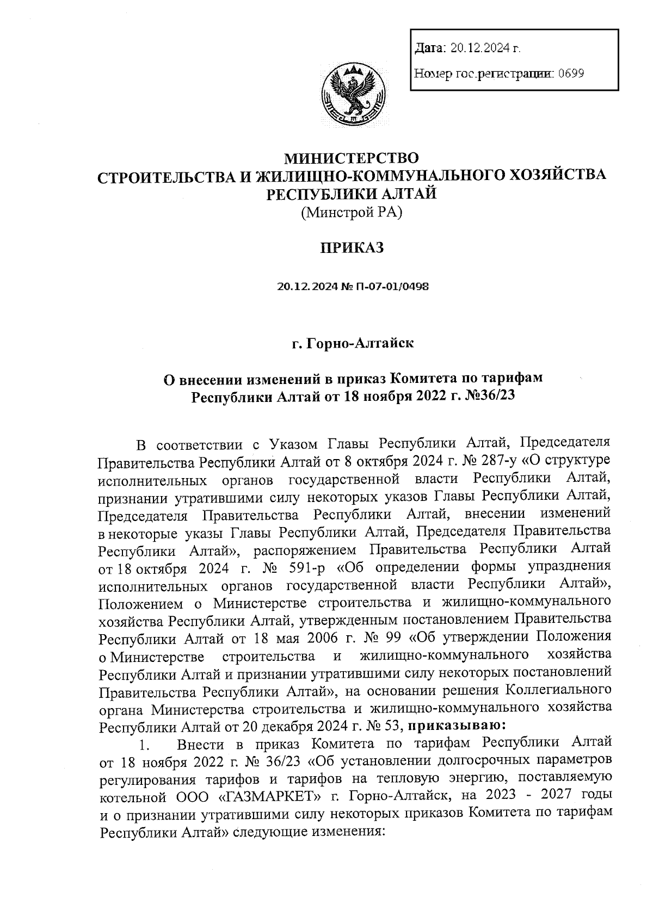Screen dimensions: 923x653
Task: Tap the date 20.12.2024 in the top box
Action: point(482,48)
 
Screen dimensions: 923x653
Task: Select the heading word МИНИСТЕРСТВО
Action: point(352,158)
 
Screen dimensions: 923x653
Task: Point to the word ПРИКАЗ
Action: point(352,248)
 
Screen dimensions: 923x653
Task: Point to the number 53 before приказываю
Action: point(393,726)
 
